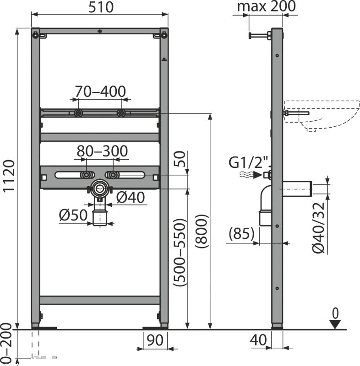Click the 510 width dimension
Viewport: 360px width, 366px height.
coord(101,7)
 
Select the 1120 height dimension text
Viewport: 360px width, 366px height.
coord(9,176)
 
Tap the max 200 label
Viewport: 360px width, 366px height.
coord(266,6)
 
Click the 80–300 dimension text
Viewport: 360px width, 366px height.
coord(102,151)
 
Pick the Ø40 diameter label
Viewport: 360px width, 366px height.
coord(131,198)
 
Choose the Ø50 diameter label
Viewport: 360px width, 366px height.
coord(73,215)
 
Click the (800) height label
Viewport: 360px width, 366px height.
coord(201,231)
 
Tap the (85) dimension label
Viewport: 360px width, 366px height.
coord(241,233)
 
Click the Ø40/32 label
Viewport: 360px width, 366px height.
coord(319,227)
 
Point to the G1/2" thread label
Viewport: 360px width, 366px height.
coord(248,162)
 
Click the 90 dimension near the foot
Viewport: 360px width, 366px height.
coord(155,340)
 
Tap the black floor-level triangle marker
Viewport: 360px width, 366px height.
coord(335,324)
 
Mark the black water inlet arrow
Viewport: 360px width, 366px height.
coord(257,175)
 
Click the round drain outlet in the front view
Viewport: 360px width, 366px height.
coord(100,188)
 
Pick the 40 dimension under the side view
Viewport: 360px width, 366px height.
coord(258,340)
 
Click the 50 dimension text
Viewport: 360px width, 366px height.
coord(180,159)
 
